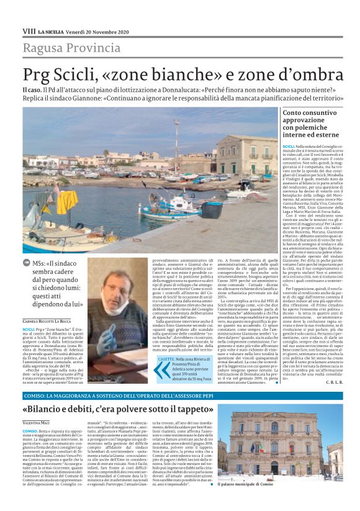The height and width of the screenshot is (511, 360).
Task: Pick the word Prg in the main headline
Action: pyautogui.click(x=40, y=75)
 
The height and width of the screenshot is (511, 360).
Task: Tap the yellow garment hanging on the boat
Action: pyautogui.click(x=52, y=203)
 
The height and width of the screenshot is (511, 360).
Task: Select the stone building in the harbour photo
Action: pyautogui.click(x=248, y=152)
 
